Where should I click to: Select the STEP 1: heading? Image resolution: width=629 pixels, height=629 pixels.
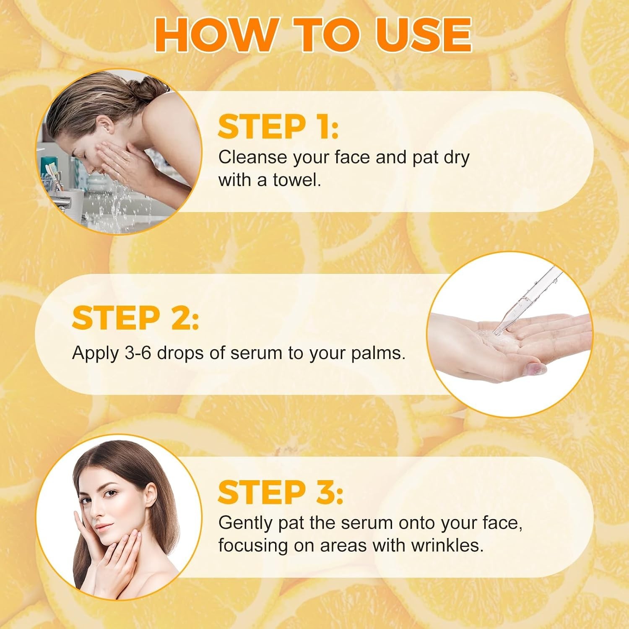pos(278,127)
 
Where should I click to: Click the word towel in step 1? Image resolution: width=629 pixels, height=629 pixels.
pos(297,180)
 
